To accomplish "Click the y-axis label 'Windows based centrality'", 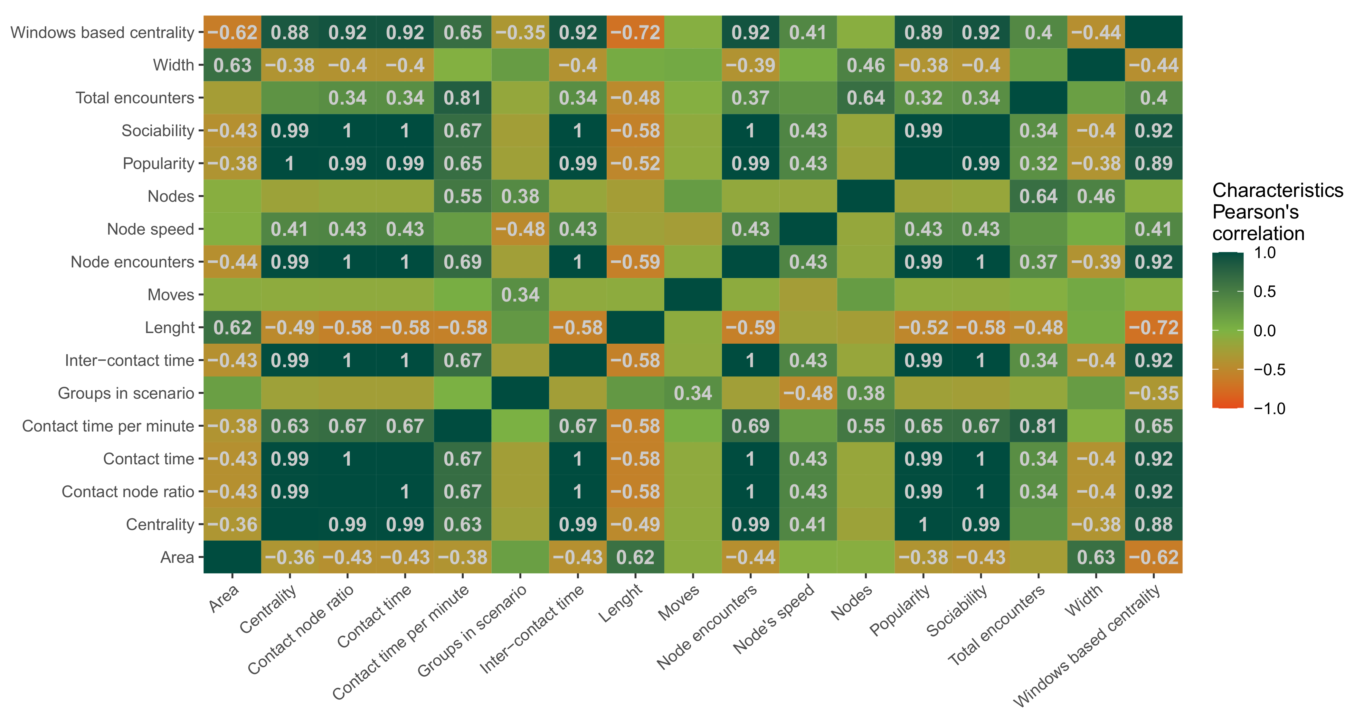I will pyautogui.click(x=103, y=32).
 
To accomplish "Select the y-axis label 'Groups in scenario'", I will pyautogui.click(x=126, y=393).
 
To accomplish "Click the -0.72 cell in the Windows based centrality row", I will pyautogui.click(x=635, y=32).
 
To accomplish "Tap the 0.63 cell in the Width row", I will pyautogui.click(x=232, y=65).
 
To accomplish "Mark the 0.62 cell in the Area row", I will pyautogui.click(x=635, y=557).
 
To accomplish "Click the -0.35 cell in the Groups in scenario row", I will pyautogui.click(x=1153, y=393).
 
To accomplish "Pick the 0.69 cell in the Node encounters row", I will pyautogui.click(x=462, y=262).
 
